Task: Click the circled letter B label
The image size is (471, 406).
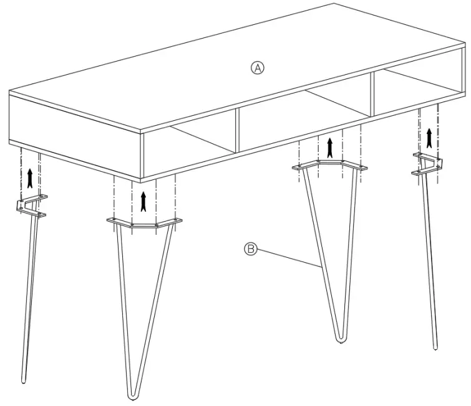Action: click(250, 249)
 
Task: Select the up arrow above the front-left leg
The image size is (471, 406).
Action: click(144, 201)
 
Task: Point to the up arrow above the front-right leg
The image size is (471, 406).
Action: click(330, 147)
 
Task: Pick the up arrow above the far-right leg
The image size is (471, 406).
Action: click(429, 135)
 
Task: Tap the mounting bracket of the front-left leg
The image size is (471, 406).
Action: click(145, 224)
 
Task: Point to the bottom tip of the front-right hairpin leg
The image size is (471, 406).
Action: click(340, 339)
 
